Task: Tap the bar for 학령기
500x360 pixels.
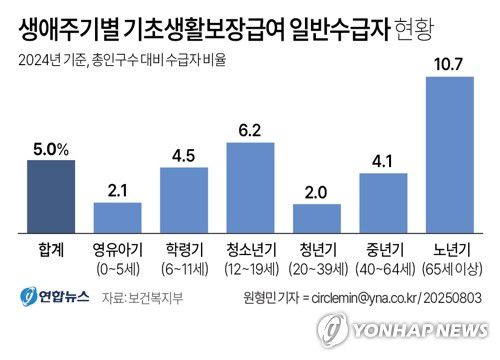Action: [184, 200]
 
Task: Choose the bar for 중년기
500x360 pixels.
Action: [383, 203]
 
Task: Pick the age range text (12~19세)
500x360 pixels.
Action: [250, 268]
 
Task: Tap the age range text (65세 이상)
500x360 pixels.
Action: [449, 268]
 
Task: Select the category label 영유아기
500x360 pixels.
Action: [117, 250]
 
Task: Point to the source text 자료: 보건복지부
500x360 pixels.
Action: [136, 297]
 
